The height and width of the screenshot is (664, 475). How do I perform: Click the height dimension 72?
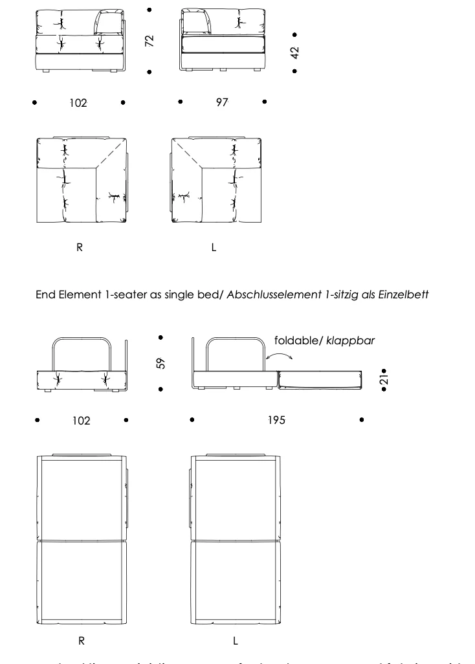click(x=149, y=41)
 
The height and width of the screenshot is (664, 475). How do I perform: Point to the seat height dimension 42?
click(x=295, y=52)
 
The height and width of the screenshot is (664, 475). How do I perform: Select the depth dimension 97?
click(x=222, y=102)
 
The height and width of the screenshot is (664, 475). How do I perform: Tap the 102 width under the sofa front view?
click(x=78, y=103)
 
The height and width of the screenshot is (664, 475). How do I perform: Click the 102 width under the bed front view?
click(x=81, y=421)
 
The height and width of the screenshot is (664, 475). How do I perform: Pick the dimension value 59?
click(x=162, y=364)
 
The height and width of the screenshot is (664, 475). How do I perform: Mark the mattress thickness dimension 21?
click(x=384, y=381)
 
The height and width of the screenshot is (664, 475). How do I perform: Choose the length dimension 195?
click(x=276, y=421)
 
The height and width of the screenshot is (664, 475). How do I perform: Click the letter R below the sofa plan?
click(x=80, y=248)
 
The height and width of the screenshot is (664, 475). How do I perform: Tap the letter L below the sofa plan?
click(x=214, y=248)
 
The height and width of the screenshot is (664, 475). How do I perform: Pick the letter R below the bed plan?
click(x=82, y=641)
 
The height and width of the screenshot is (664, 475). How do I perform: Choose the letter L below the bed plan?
click(x=236, y=641)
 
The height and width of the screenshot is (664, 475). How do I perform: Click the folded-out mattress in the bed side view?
click(x=318, y=379)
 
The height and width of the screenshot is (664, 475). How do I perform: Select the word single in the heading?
click(x=179, y=295)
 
